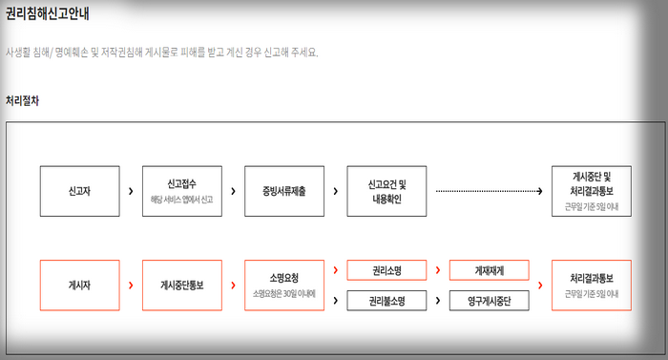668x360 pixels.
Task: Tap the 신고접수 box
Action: click(181, 190)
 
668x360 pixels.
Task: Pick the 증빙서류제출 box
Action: click(283, 190)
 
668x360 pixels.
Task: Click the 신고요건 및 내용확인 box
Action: click(386, 190)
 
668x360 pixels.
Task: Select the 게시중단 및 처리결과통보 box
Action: click(592, 190)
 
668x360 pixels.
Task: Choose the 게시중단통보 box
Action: click(181, 285)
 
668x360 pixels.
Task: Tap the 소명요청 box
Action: click(283, 285)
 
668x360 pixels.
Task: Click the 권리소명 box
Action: click(386, 270)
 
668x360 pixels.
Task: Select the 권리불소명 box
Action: click(386, 301)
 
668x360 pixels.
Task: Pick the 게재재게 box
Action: click(489, 270)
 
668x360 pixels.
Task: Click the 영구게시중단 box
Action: click(489, 301)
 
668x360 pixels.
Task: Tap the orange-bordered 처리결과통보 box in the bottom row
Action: click(592, 285)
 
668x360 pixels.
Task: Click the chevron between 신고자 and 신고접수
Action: click(130, 191)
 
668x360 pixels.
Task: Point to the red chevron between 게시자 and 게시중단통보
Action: click(130, 285)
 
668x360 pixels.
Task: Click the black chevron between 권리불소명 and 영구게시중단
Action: click(437, 301)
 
